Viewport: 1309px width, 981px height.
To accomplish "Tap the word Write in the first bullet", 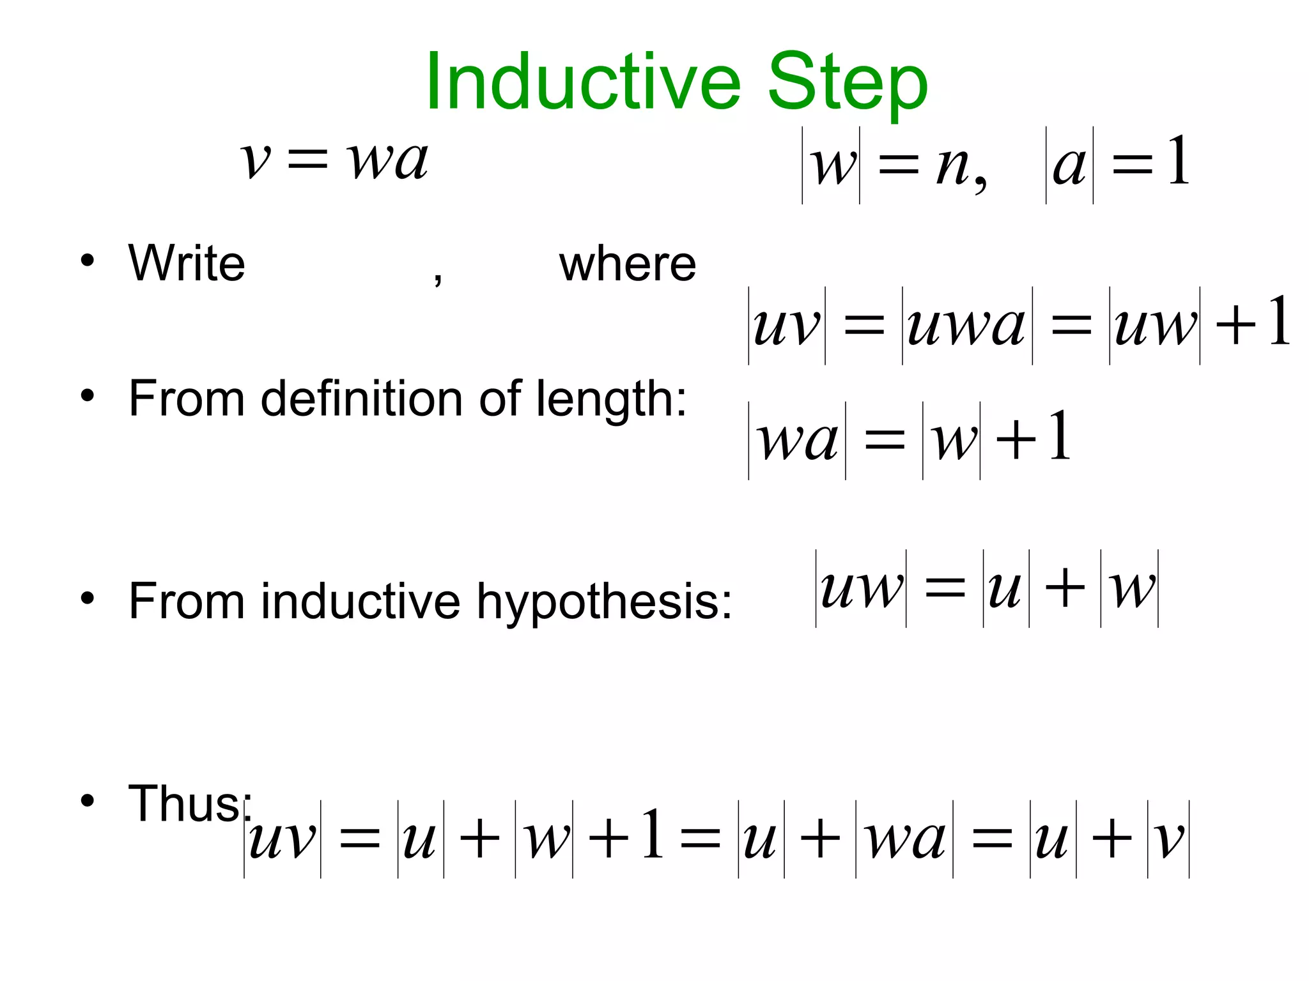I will [187, 263].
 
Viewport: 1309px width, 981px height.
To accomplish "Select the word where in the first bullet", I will [628, 264].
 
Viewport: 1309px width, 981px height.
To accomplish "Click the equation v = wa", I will [334, 159].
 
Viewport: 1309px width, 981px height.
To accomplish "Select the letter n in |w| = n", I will [952, 166].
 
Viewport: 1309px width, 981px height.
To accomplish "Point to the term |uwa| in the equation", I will [967, 326].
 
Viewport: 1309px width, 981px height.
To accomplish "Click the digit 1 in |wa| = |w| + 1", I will [1060, 437].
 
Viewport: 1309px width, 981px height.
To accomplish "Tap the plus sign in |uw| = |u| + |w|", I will [1065, 587].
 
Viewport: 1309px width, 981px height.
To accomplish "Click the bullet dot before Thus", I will [88, 801].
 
